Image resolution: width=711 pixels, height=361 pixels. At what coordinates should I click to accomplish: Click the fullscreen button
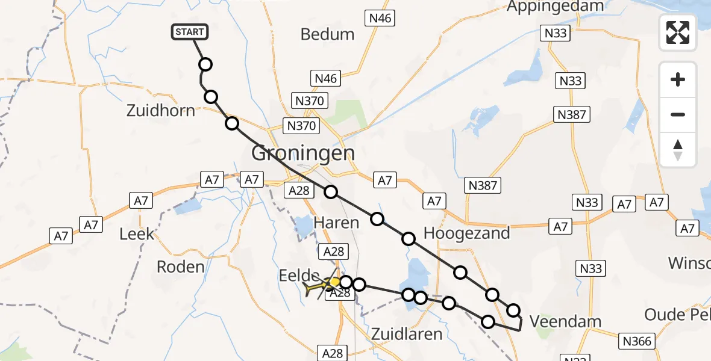pos(678,32)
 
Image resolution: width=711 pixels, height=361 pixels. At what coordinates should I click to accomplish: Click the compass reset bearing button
pos(678,150)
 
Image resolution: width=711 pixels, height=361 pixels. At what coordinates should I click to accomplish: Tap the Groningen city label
pos(302,153)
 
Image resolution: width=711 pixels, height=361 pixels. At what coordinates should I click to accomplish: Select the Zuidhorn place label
pos(161,111)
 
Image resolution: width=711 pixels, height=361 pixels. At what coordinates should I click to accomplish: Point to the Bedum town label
pos(327,34)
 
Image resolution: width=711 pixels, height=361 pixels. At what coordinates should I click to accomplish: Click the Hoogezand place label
pos(467,233)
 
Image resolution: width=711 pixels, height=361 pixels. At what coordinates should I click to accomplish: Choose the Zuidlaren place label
pos(407,334)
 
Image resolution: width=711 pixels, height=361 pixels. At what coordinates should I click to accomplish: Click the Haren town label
pos(336,223)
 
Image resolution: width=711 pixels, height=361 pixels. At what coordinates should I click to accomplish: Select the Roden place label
pos(180,266)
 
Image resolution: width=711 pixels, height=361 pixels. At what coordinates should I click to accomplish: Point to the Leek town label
pos(137,234)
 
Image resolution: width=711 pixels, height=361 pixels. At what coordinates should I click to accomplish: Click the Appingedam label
pos(555,7)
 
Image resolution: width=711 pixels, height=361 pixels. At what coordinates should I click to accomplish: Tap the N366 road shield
pos(637,342)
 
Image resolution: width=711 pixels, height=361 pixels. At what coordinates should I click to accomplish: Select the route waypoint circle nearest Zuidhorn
pos(211,97)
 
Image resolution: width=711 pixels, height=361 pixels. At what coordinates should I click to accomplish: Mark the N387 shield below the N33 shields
pos(571,114)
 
